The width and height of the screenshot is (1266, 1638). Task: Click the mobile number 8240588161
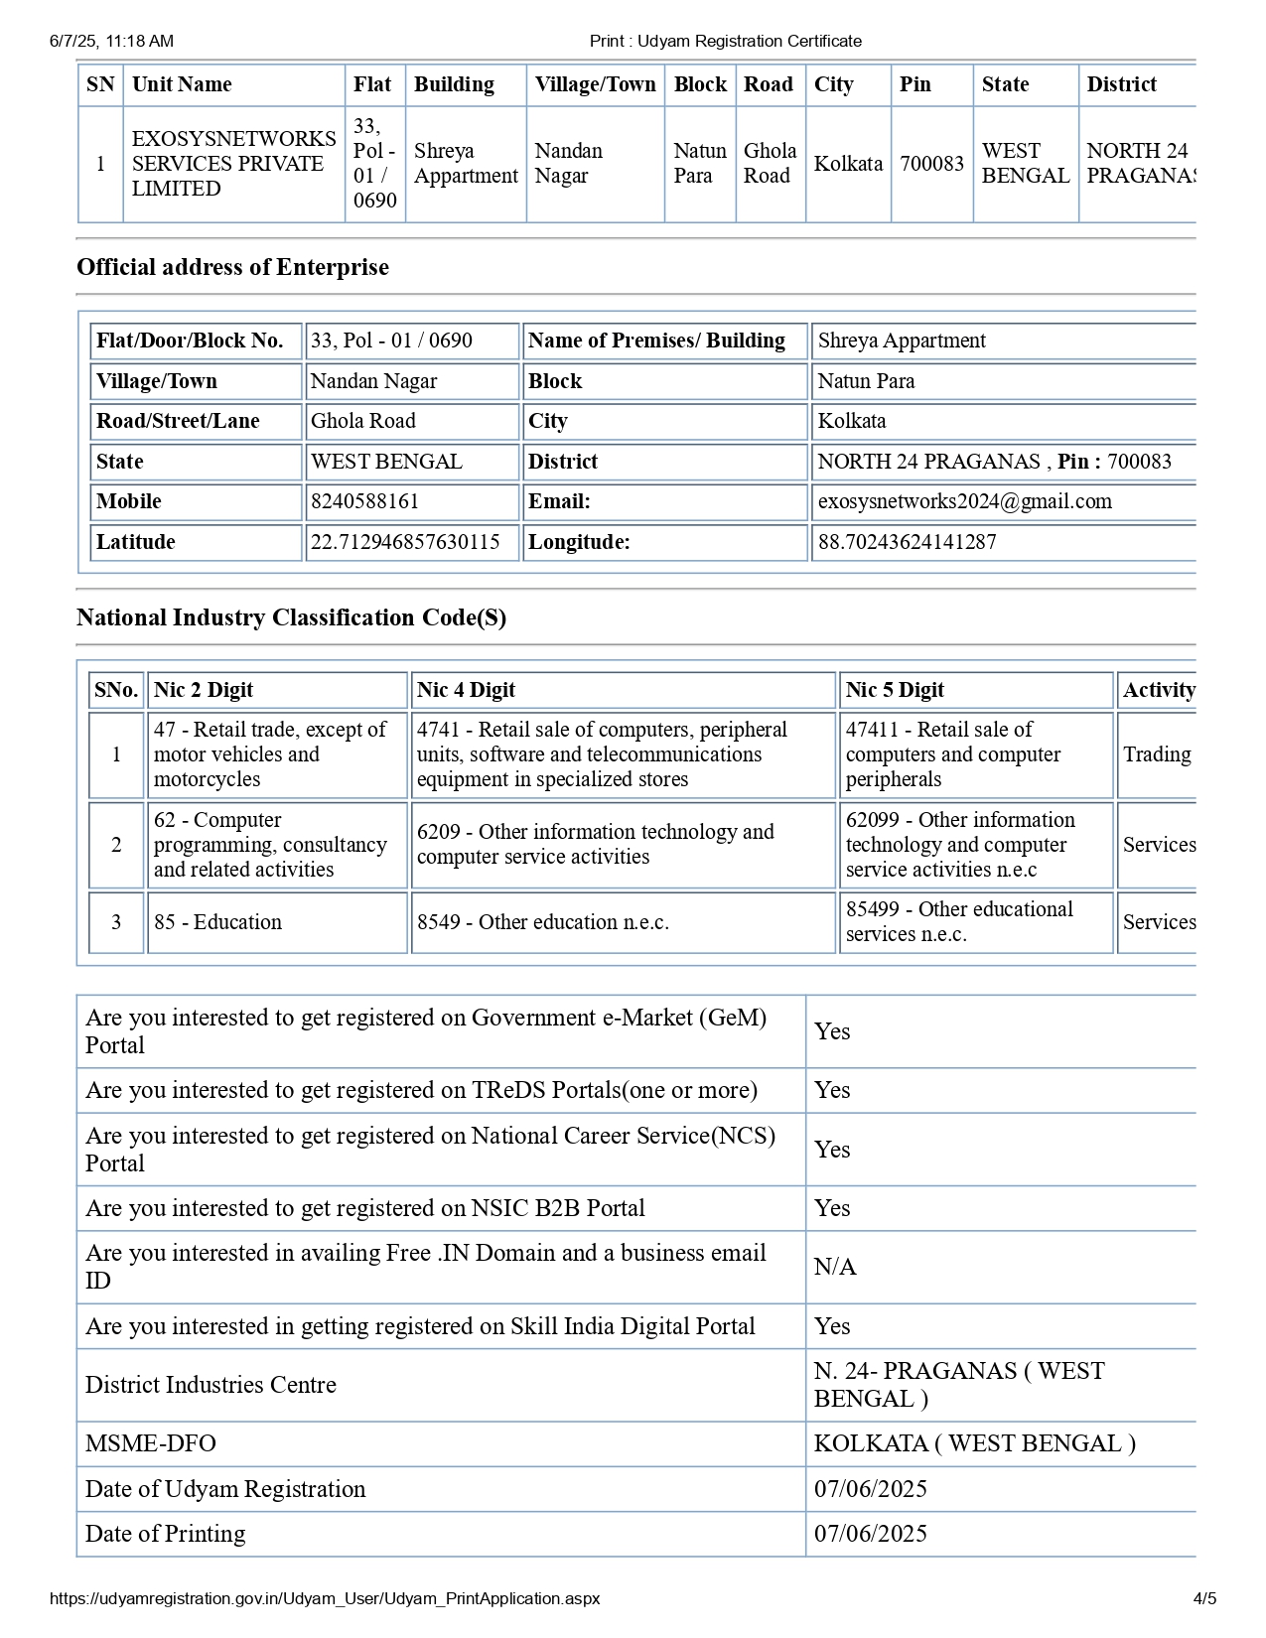364,501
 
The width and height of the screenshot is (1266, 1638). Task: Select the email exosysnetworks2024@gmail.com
964,501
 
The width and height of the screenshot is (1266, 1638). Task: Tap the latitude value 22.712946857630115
405,542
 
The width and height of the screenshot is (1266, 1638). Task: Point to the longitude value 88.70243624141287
907,542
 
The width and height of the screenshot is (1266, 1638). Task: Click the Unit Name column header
182,84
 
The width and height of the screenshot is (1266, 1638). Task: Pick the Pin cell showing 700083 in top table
931,164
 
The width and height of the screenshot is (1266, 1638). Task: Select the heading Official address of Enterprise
232,267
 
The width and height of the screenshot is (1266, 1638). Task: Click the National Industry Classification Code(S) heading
291,617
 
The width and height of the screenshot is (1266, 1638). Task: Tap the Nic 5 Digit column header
895,690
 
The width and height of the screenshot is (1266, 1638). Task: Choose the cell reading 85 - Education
217,922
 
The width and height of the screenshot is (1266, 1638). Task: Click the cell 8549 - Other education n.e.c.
542,922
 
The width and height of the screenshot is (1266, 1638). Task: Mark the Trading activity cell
1157,754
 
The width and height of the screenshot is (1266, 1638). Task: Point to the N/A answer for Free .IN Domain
835,1267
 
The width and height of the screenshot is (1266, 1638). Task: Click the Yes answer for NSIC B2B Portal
832,1208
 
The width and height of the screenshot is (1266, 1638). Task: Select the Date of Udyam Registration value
871,1489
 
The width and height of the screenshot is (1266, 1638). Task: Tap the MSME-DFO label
151,1443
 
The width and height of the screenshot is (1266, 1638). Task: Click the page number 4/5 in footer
1204,1598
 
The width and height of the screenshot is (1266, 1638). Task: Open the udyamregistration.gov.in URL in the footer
325,1598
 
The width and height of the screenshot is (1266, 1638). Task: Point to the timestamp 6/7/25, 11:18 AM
111,41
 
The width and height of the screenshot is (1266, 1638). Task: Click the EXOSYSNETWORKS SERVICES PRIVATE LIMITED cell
233,164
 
